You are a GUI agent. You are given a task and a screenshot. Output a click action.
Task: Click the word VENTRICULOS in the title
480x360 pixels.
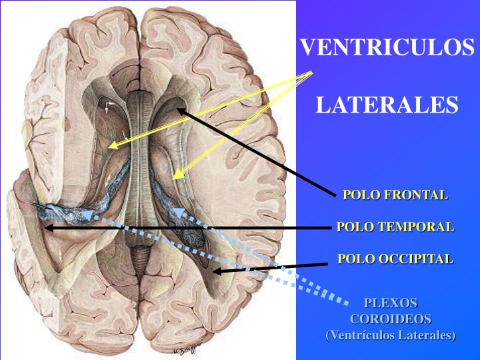[387, 47]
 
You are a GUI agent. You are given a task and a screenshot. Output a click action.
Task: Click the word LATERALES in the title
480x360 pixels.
[387, 105]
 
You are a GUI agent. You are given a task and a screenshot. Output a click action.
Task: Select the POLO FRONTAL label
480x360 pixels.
[395, 195]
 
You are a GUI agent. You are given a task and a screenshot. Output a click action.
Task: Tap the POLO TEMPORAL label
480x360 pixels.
[395, 227]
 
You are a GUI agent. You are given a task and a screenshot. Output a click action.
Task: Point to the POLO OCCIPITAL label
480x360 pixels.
[395, 259]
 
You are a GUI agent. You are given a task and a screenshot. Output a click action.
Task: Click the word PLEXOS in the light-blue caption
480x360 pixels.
[391, 303]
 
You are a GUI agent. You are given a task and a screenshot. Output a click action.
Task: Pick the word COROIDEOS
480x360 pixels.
[391, 319]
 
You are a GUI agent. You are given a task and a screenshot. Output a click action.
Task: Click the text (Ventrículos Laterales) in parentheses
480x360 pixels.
[391, 335]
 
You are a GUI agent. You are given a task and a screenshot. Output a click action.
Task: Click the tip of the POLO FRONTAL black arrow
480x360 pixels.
[177, 109]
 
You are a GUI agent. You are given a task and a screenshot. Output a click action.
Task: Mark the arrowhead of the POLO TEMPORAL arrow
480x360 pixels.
[45, 228]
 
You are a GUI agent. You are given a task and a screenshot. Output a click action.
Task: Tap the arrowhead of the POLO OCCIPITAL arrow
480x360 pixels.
[213, 271]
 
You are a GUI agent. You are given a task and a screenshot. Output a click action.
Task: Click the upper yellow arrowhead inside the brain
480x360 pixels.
[109, 147]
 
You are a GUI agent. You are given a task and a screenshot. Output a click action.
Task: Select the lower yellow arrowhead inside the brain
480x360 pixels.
[173, 179]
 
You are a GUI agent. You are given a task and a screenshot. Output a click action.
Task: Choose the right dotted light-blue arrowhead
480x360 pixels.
[174, 209]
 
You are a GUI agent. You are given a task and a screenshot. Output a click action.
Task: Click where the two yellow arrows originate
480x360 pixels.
[311, 72]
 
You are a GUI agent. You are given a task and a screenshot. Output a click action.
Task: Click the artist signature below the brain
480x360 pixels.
[184, 351]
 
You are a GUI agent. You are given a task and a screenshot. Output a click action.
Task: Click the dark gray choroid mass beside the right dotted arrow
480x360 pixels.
[192, 237]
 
